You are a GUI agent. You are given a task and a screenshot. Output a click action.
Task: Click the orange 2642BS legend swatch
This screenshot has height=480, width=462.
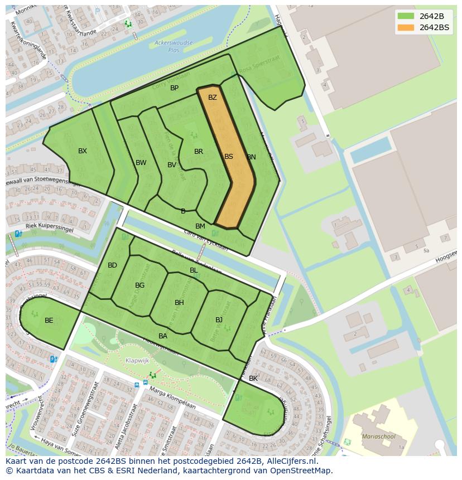[406, 28]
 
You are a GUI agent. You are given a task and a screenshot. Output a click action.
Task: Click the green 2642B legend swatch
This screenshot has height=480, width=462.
[406, 16]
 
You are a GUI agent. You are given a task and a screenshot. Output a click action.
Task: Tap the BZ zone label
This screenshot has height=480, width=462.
[212, 98]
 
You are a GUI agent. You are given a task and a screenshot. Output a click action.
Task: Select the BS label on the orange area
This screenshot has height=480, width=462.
[229, 157]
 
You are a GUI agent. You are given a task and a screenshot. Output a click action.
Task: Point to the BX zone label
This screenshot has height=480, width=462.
[83, 151]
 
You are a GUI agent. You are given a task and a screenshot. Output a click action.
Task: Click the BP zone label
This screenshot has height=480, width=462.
[175, 88]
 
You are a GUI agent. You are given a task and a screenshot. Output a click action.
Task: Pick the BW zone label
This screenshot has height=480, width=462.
[141, 163]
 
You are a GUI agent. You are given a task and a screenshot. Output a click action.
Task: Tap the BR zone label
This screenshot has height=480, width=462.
[199, 152]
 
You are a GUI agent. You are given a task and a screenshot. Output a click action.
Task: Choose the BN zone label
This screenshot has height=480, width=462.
[252, 157]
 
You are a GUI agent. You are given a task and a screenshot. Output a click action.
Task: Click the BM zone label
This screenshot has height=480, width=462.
[200, 226]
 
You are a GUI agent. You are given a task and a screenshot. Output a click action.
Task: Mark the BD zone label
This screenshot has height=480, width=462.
[113, 265]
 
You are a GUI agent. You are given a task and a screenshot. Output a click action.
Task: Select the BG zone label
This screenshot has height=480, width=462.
[140, 285]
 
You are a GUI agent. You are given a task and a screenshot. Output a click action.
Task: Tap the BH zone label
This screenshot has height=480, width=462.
[179, 303]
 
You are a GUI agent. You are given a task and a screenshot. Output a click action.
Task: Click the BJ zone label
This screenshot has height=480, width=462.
[219, 320]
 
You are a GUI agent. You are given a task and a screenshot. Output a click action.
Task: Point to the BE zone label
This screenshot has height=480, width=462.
[49, 321]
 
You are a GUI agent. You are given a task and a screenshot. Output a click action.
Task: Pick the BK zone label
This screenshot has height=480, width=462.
[253, 379]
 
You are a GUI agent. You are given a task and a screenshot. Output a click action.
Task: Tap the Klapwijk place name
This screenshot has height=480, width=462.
[137, 361]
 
